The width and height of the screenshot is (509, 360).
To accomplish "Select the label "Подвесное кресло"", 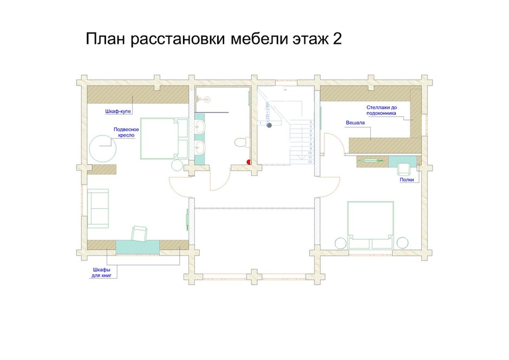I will (x=126, y=133).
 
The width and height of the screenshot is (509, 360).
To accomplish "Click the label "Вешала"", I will (x=355, y=123).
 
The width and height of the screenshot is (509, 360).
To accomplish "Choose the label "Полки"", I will (x=407, y=179).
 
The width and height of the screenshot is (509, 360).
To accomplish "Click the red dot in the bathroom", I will (x=249, y=161).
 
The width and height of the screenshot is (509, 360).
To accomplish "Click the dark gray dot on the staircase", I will (x=268, y=124).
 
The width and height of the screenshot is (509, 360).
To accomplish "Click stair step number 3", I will (x=310, y=122).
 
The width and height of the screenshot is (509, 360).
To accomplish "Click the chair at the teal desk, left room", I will (x=139, y=233).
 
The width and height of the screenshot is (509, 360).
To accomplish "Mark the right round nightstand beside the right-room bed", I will (x=402, y=242).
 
